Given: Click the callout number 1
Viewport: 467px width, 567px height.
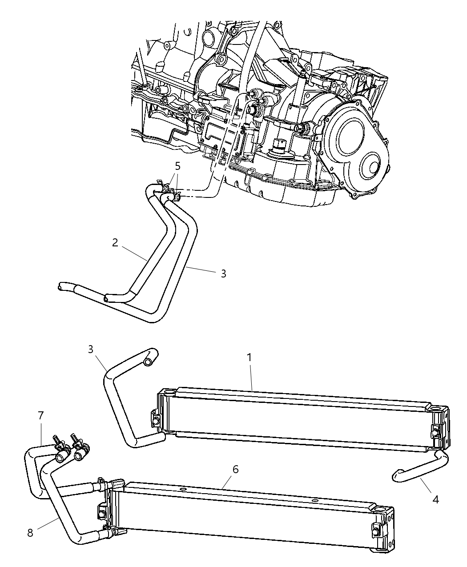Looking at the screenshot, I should [250, 357].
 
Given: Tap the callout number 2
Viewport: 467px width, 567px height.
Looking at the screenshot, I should [115, 243].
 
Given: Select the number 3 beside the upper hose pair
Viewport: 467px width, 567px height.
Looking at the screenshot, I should [223, 273].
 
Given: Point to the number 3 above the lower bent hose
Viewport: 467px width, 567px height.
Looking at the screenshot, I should [91, 349].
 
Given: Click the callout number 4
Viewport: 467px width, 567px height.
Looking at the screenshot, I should [435, 499].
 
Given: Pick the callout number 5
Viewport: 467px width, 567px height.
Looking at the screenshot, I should [177, 166].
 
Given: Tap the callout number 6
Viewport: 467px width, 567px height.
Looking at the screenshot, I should [235, 469].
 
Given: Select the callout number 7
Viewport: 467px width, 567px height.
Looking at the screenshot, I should [40, 416].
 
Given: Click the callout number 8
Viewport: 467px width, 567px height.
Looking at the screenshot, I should [30, 532].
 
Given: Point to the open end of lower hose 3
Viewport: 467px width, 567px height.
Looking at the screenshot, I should [147, 363].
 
